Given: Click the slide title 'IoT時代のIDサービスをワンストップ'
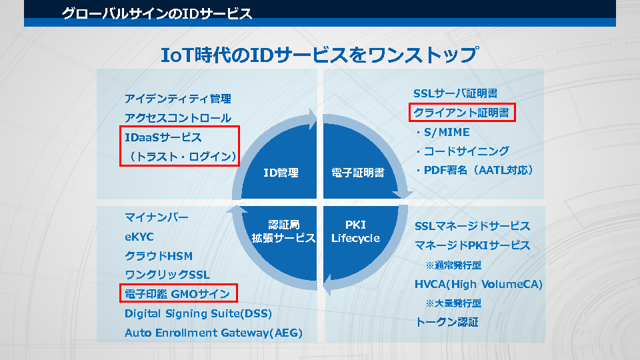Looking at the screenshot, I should point(320,55).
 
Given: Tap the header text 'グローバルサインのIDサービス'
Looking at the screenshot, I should point(157,13).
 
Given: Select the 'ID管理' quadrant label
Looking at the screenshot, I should point(281,173).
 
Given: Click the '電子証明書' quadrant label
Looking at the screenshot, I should point(358,173).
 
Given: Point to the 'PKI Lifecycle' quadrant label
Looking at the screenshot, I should point(355,231).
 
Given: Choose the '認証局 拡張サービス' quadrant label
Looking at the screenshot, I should point(283,231).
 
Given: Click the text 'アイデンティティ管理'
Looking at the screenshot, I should point(178,99).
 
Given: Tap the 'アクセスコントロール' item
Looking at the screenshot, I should point(178,118).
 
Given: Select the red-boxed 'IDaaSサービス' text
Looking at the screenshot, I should point(163,137).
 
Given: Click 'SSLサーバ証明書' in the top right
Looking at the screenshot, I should point(455,93).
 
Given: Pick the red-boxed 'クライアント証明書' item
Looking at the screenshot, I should point(462,113).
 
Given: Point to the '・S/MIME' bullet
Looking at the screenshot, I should point(442,132).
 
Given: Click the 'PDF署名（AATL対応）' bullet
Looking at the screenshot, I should point(474,171).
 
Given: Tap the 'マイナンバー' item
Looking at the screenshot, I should point(157,217).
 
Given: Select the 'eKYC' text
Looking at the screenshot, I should point(139,237).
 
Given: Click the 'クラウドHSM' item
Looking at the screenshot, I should point(159,256).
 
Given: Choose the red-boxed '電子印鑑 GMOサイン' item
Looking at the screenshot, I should point(177,294).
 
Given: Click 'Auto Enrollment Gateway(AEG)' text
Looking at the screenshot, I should point(213,333).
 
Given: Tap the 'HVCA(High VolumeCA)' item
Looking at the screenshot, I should point(479,285).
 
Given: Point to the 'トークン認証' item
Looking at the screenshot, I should point(447,323).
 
